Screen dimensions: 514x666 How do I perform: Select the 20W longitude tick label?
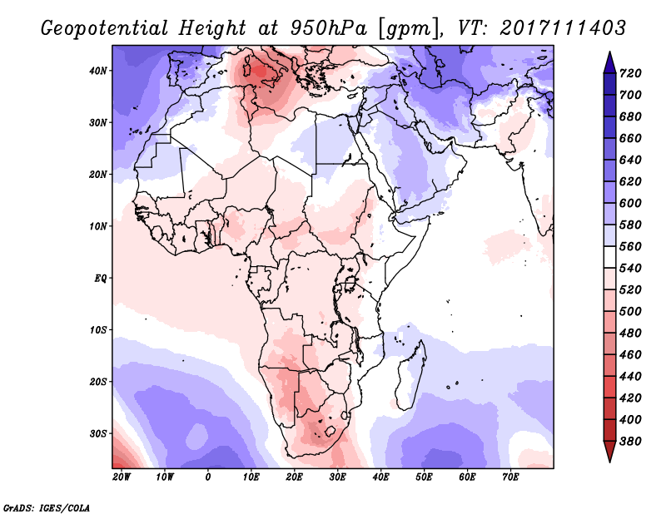tap(122, 477)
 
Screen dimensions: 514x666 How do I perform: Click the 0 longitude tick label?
tap(208, 477)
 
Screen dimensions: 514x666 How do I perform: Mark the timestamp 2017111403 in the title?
tap(563, 27)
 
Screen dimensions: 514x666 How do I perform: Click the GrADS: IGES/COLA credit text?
tap(47, 506)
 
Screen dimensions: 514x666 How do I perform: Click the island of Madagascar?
tap(412, 366)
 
